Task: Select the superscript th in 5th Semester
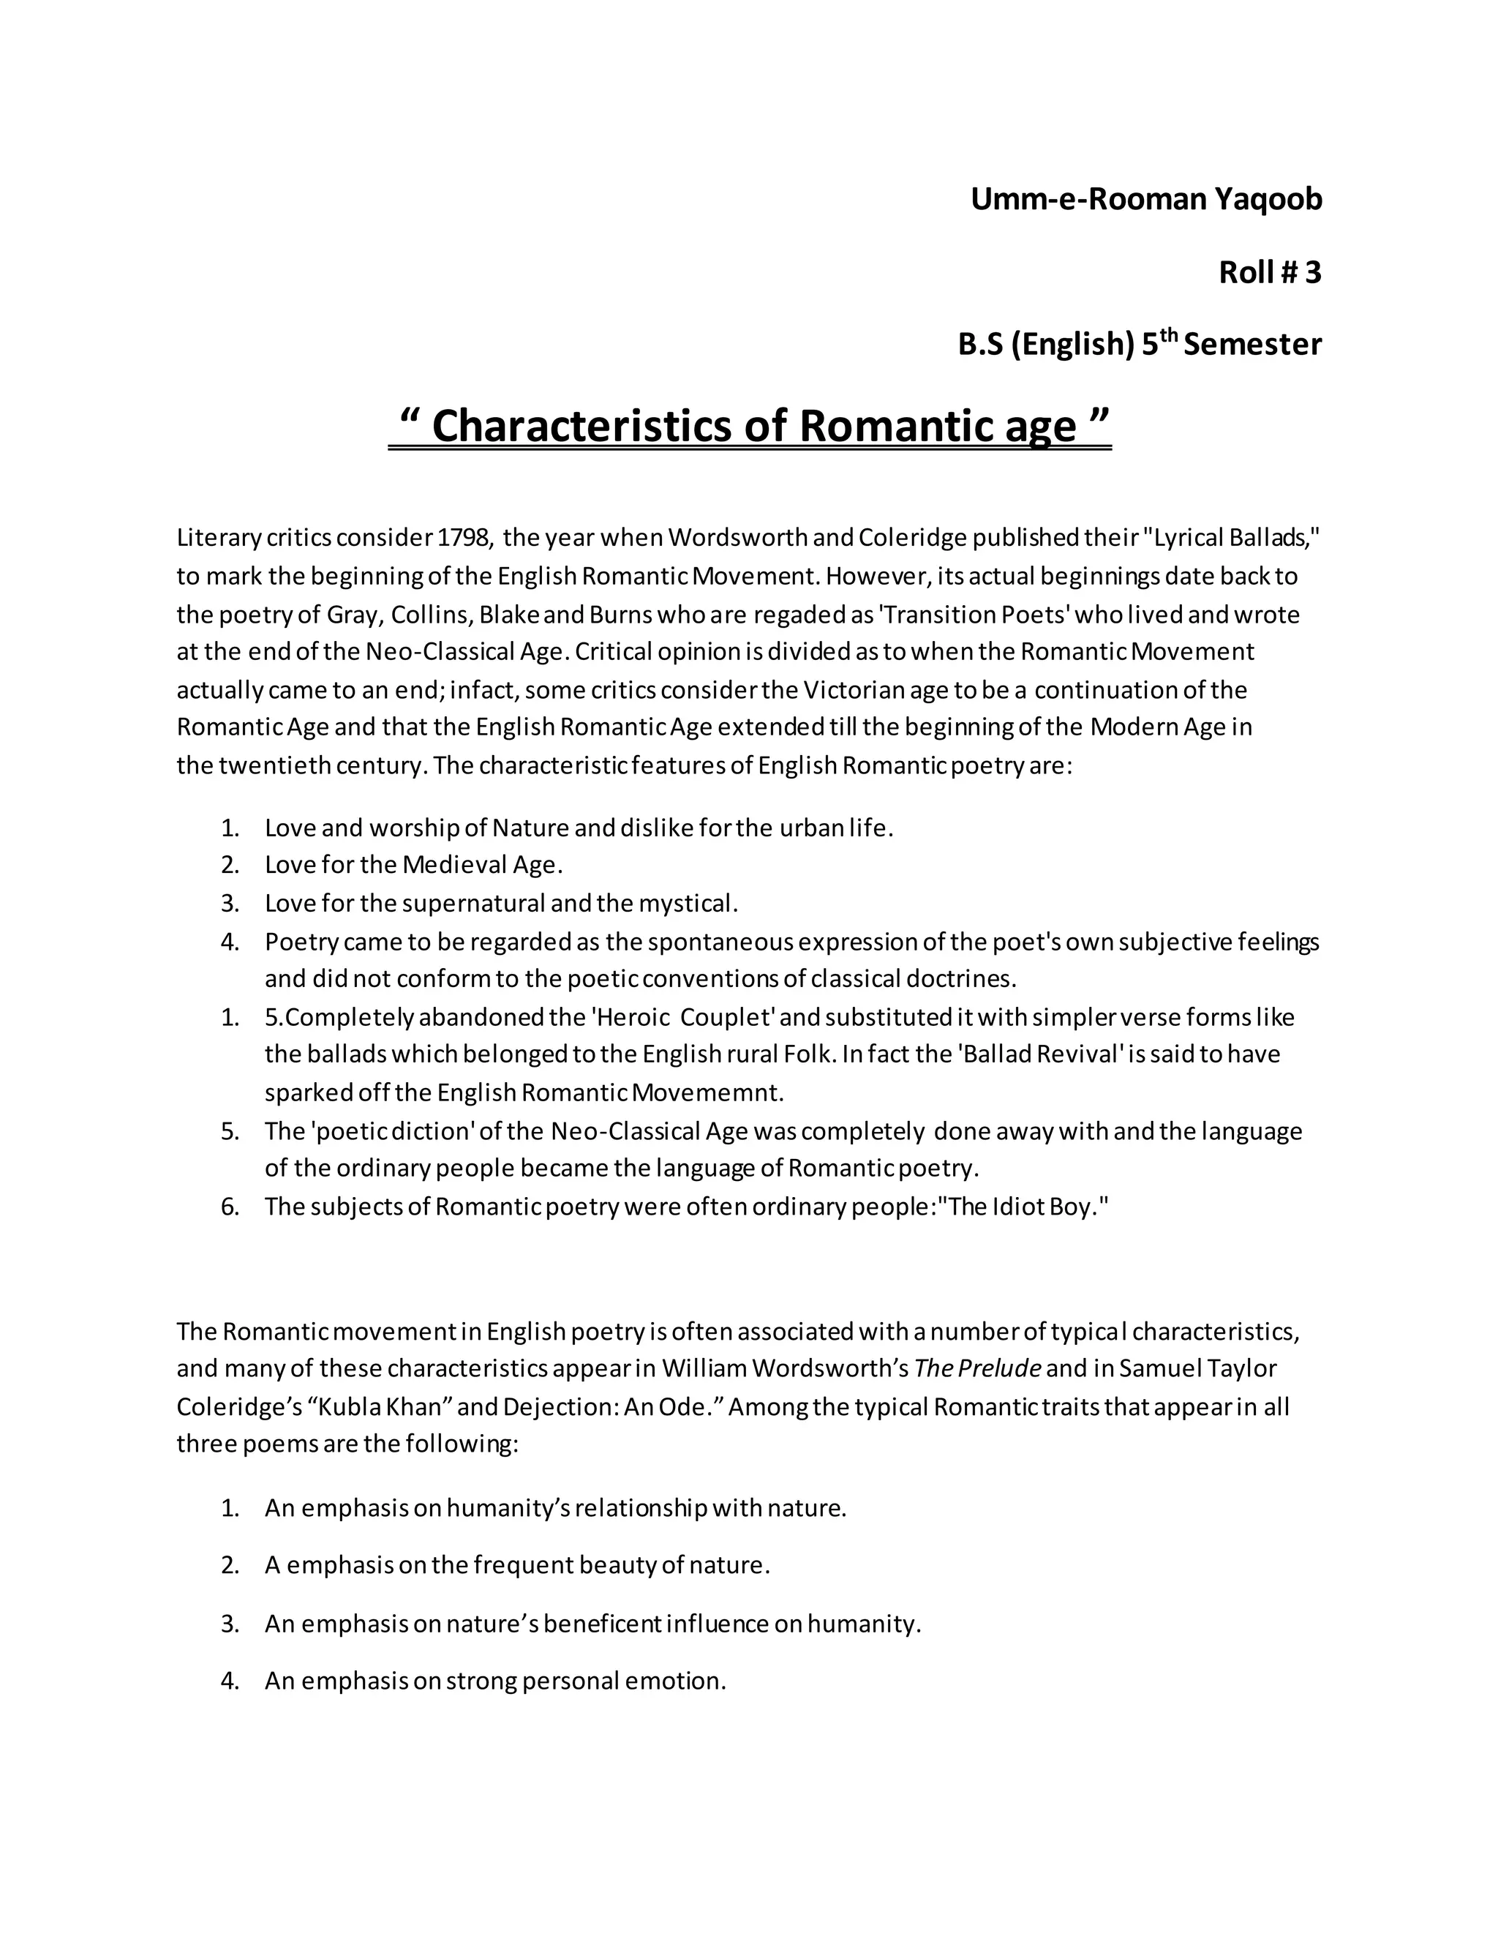pyautogui.click(x=1169, y=336)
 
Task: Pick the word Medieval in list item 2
pyautogui.click(x=454, y=865)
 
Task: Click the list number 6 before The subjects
pyautogui.click(x=230, y=1207)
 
